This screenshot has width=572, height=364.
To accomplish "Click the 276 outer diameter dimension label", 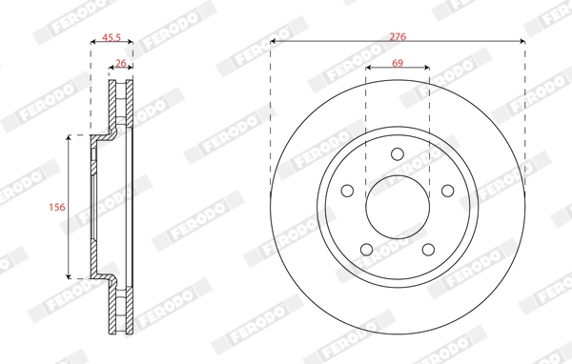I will [x=398, y=35].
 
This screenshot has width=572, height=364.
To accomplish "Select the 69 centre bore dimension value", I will [x=397, y=63].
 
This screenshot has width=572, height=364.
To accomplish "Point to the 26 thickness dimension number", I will [x=121, y=63].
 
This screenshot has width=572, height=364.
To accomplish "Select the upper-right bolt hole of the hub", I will [x=447, y=191].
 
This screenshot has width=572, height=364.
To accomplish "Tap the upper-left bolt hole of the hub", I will [x=347, y=191].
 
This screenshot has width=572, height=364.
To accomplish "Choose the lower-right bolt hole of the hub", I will [x=428, y=250].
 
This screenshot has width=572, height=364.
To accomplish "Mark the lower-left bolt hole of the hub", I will [x=366, y=250].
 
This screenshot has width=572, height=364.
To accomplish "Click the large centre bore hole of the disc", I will [x=397, y=207].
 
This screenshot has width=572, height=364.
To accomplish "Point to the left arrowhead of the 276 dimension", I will [x=274, y=42].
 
